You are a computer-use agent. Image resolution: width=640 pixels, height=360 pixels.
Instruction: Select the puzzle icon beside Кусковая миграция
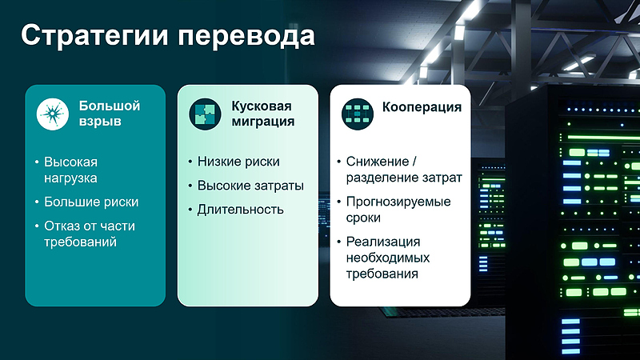click(x=205, y=114)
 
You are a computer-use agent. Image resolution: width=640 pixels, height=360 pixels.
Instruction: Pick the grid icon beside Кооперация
click(x=358, y=114)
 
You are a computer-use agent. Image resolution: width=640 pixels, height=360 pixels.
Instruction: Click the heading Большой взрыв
click(x=109, y=114)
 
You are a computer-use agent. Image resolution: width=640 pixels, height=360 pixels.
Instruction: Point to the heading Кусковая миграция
click(x=262, y=114)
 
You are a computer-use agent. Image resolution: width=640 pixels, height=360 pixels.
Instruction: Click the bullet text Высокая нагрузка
click(x=76, y=170)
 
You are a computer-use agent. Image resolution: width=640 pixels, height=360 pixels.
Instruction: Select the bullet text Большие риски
click(x=91, y=202)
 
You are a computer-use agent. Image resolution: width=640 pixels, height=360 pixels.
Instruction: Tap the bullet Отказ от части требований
click(x=89, y=234)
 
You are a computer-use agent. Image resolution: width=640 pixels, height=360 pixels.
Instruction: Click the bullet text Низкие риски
click(x=238, y=162)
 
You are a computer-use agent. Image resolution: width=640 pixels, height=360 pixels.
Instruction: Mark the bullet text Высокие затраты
click(x=250, y=186)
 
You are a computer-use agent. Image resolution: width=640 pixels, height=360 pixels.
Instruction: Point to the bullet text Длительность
click(x=241, y=210)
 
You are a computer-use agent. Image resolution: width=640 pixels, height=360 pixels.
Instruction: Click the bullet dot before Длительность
click(x=190, y=210)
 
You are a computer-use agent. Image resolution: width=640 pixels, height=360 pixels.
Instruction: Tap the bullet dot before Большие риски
click(x=37, y=202)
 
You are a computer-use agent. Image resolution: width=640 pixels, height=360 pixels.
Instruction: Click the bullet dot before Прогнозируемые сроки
click(x=339, y=202)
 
